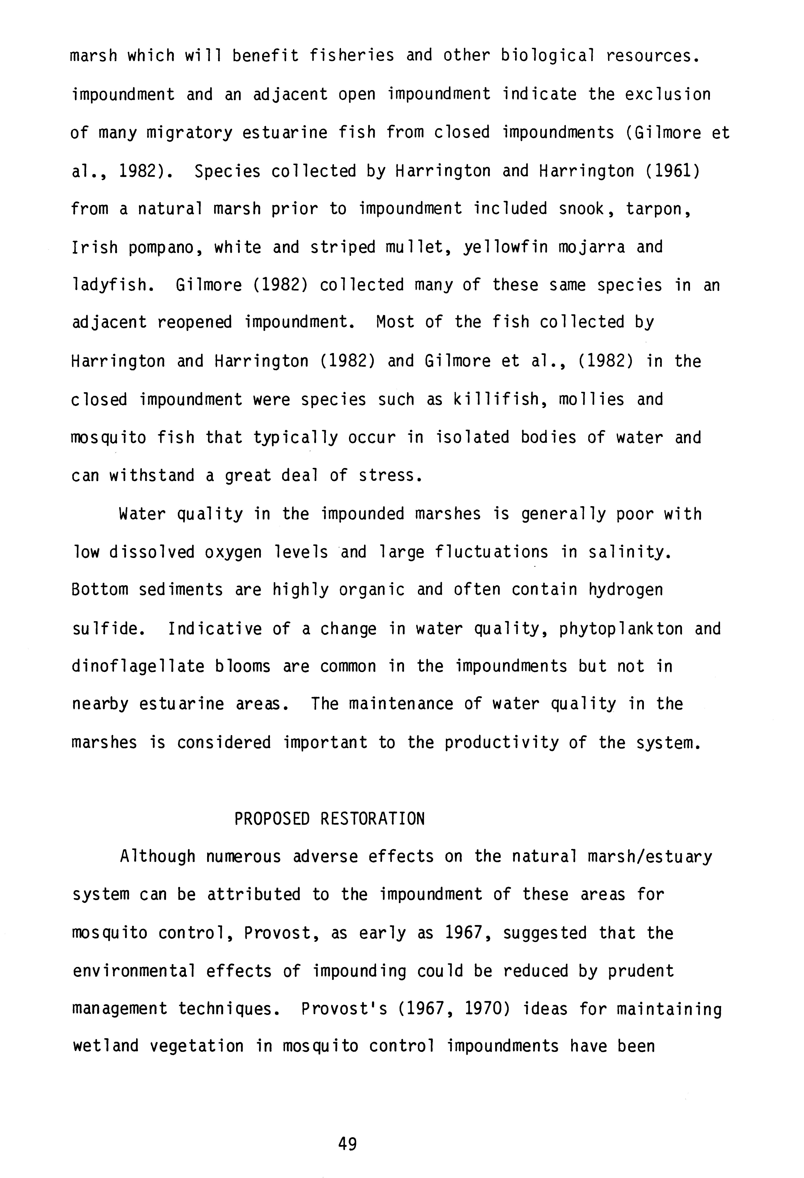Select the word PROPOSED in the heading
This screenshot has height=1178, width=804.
271,819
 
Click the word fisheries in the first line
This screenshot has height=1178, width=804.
352,55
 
